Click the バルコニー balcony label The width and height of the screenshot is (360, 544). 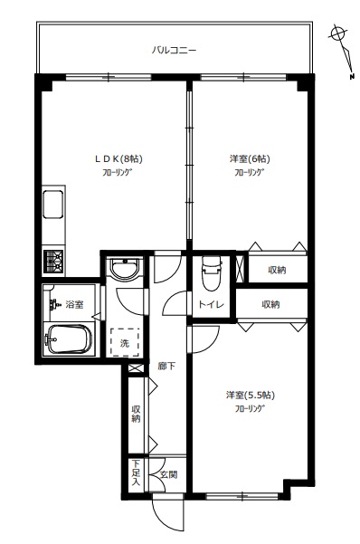coord(174,51)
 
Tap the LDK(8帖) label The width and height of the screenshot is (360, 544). coord(119,158)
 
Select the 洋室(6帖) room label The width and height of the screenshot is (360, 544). coord(250,158)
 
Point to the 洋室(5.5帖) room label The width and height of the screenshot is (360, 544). coord(251,395)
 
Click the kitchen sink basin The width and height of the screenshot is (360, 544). coord(53,205)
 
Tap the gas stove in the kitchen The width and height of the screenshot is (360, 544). coord(53,262)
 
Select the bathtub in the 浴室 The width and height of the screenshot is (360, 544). coord(68,339)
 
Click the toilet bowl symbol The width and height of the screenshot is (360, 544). coord(212,272)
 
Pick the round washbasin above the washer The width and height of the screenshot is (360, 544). coord(125,267)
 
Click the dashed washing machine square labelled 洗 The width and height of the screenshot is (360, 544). coord(125,342)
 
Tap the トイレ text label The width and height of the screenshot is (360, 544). coord(211,305)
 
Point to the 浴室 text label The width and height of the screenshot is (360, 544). coord(74,305)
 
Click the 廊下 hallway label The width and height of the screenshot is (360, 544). coord(166,366)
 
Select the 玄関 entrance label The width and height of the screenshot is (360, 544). coord(169,474)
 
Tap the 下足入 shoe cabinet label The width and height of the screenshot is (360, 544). coord(136,472)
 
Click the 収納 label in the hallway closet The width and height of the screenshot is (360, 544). coord(136,414)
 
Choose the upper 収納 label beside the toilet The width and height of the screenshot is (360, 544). coord(277,270)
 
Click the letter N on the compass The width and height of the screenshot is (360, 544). coord(352,77)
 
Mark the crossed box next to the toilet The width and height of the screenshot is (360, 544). coord(240,269)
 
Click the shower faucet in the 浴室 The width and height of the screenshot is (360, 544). coord(54,303)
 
